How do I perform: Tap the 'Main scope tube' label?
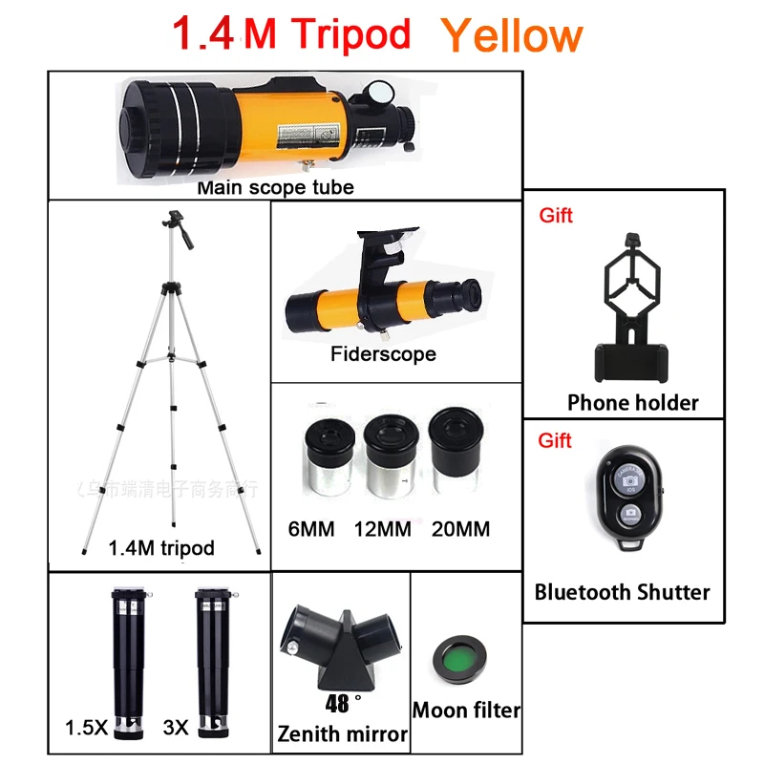(275, 187)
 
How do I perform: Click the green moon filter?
(459, 661)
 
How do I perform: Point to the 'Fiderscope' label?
(383, 354)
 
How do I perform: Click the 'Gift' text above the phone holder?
(556, 216)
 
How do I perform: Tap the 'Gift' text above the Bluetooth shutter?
(556, 440)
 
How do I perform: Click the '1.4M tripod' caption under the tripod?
(161, 548)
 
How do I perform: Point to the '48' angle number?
(336, 705)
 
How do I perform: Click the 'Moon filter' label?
(466, 711)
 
